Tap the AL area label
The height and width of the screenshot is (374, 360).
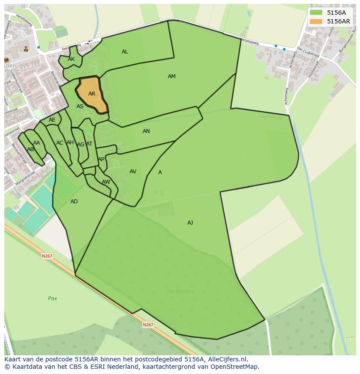coord(125,52)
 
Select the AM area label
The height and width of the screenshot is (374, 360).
coord(172,76)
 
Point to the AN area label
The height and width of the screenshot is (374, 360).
coord(146,131)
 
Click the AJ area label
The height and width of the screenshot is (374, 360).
coord(190,223)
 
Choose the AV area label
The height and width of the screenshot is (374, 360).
coord(133,172)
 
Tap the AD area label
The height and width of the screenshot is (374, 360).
coord(74,202)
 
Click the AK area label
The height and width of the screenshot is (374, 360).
coord(71,59)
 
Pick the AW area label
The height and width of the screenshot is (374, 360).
coord(106,182)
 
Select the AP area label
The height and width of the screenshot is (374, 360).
coord(101,159)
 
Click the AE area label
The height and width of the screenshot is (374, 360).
coord(52,120)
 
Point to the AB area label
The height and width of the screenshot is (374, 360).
coord(30,149)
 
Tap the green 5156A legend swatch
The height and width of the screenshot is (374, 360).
coord(317,13)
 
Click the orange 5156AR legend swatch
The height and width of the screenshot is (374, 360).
coord(317,21)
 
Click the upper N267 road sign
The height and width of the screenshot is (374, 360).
coord(47,256)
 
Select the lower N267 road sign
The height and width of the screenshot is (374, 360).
coord(148,324)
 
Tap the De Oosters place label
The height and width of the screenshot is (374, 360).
coord(181,291)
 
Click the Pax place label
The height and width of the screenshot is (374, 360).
coord(53,298)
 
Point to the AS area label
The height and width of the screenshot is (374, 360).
coord(80,106)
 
